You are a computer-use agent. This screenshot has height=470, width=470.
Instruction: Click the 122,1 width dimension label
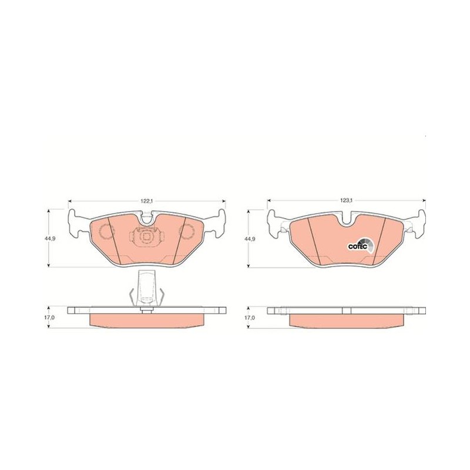(147, 201)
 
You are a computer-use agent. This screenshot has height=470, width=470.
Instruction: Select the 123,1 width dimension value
(346, 200)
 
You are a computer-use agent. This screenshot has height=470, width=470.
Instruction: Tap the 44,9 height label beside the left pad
(49, 239)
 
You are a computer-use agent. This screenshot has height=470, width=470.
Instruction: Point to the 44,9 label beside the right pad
(249, 239)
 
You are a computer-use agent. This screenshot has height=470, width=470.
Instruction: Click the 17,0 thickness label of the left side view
(49, 317)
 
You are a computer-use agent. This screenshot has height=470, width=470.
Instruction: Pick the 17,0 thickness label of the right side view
(249, 317)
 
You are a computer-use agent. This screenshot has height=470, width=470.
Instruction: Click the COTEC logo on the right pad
(361, 244)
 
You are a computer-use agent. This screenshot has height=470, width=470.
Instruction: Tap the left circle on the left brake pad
(106, 232)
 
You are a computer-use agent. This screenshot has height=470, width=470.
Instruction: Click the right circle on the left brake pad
(186, 232)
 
